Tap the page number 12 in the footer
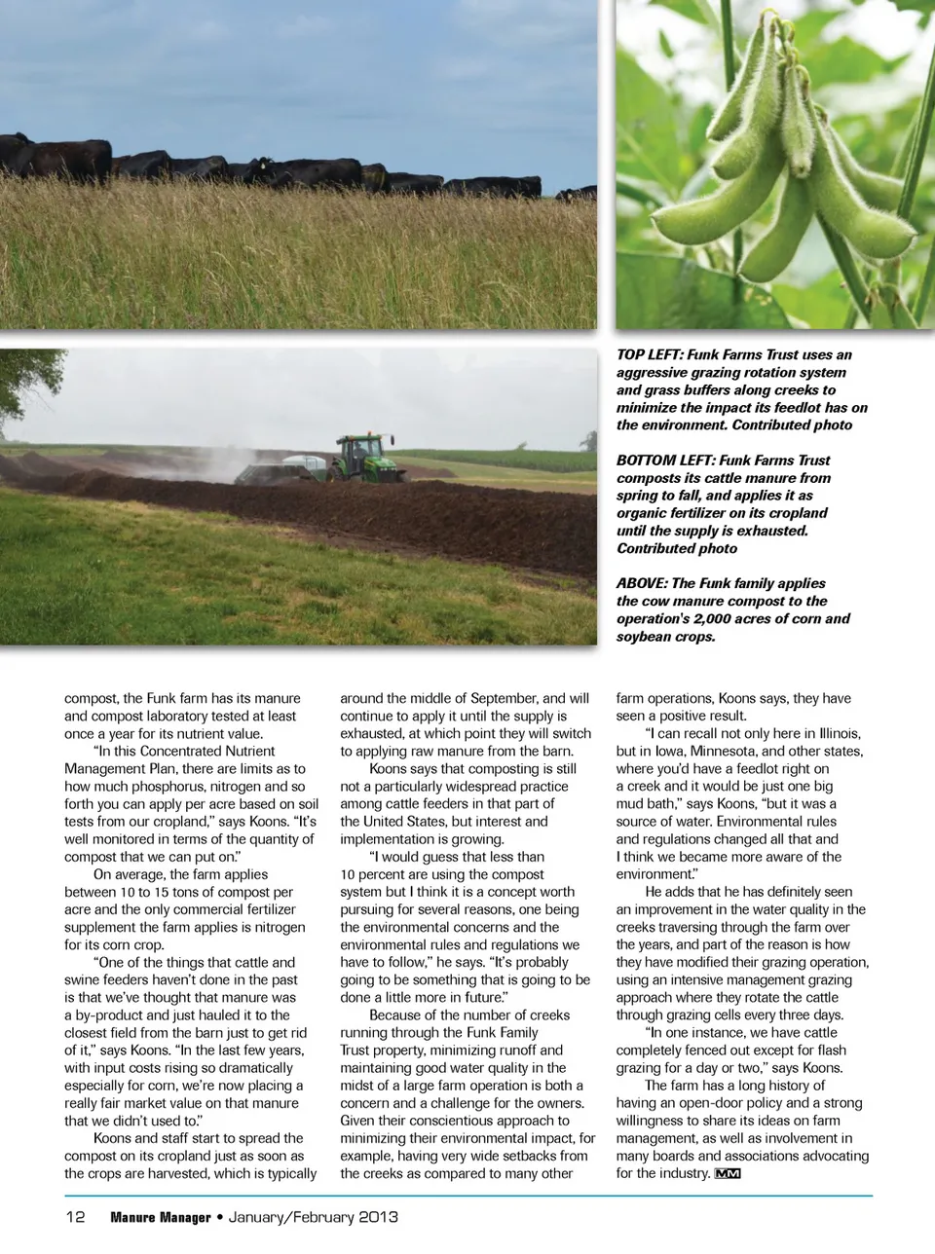(76, 1217)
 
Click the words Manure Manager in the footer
(160, 1217)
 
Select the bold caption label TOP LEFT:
(650, 355)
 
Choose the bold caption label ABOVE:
(641, 583)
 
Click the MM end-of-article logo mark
(728, 1173)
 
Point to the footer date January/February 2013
(313, 1217)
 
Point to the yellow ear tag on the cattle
(260, 165)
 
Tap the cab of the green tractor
(355, 449)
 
